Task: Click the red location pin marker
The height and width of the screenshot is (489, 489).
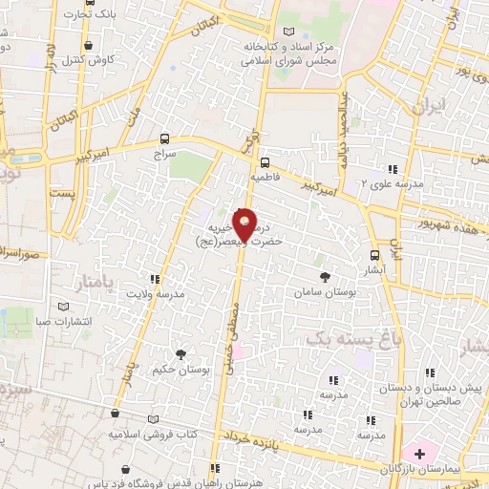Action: (x=245, y=223)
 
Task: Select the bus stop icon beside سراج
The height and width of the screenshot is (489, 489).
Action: (x=166, y=138)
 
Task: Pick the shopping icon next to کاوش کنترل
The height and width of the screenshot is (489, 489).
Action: (x=89, y=45)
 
